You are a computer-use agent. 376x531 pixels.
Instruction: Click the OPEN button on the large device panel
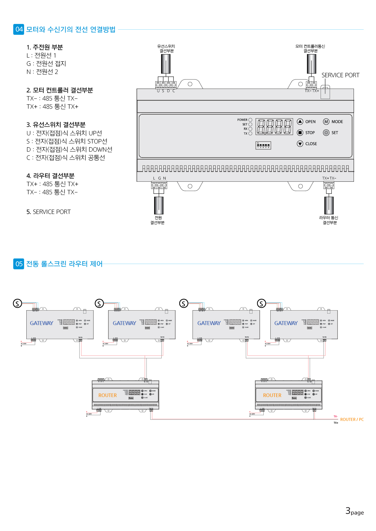click(x=300, y=122)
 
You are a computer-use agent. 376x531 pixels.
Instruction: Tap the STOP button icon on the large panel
click(x=300, y=133)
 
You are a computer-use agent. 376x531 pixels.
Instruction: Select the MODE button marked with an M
click(x=326, y=122)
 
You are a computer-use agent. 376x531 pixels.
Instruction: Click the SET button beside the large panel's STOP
click(x=326, y=133)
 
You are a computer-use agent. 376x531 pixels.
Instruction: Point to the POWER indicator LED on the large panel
click(x=250, y=120)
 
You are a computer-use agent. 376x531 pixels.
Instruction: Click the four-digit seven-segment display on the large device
click(x=274, y=126)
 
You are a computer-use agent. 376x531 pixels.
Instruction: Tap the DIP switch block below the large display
click(x=263, y=145)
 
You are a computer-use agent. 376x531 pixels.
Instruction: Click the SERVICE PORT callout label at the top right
click(x=340, y=75)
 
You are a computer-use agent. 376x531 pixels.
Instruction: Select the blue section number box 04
click(x=19, y=29)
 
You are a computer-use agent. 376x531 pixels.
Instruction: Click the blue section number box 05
click(x=19, y=264)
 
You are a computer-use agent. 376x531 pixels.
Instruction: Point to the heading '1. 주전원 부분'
click(x=45, y=47)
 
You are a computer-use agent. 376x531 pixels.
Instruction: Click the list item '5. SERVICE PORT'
click(x=48, y=212)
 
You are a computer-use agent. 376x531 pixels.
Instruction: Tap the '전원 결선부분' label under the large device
click(x=157, y=220)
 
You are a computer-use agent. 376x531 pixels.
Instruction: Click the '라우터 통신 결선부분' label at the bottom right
click(x=329, y=220)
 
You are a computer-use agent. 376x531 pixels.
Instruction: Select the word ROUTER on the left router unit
click(x=107, y=395)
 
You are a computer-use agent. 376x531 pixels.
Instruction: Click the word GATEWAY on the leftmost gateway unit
click(x=41, y=323)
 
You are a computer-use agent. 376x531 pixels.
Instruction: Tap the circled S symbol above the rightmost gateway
click(x=261, y=303)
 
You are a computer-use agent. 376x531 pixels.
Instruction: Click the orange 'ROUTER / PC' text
click(x=352, y=419)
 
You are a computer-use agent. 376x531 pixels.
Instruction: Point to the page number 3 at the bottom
click(x=348, y=511)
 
